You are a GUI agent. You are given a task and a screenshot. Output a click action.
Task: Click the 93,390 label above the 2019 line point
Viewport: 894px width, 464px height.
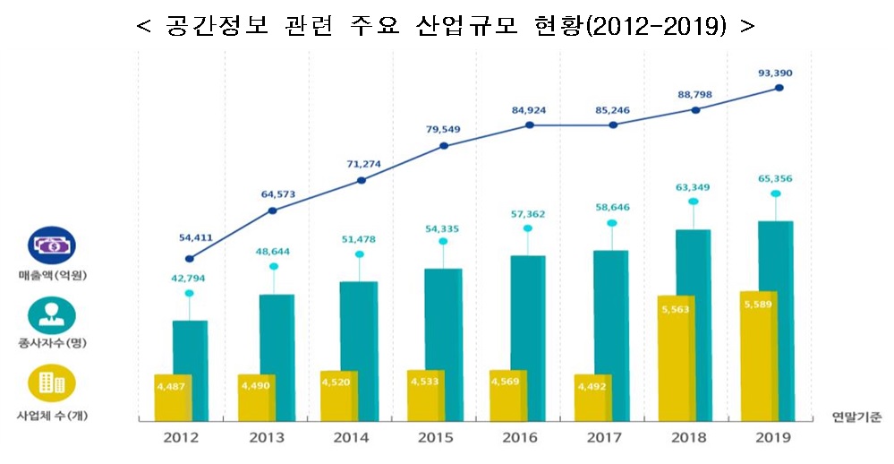point(774,73)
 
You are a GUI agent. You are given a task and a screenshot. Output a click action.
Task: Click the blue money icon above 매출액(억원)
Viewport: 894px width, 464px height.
point(52,245)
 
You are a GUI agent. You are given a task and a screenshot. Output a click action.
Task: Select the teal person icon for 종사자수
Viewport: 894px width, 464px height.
point(52,314)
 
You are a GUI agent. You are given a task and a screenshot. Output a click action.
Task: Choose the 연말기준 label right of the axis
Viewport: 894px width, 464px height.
point(856,416)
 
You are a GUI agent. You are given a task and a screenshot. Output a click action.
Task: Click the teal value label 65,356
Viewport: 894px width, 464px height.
point(774,178)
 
